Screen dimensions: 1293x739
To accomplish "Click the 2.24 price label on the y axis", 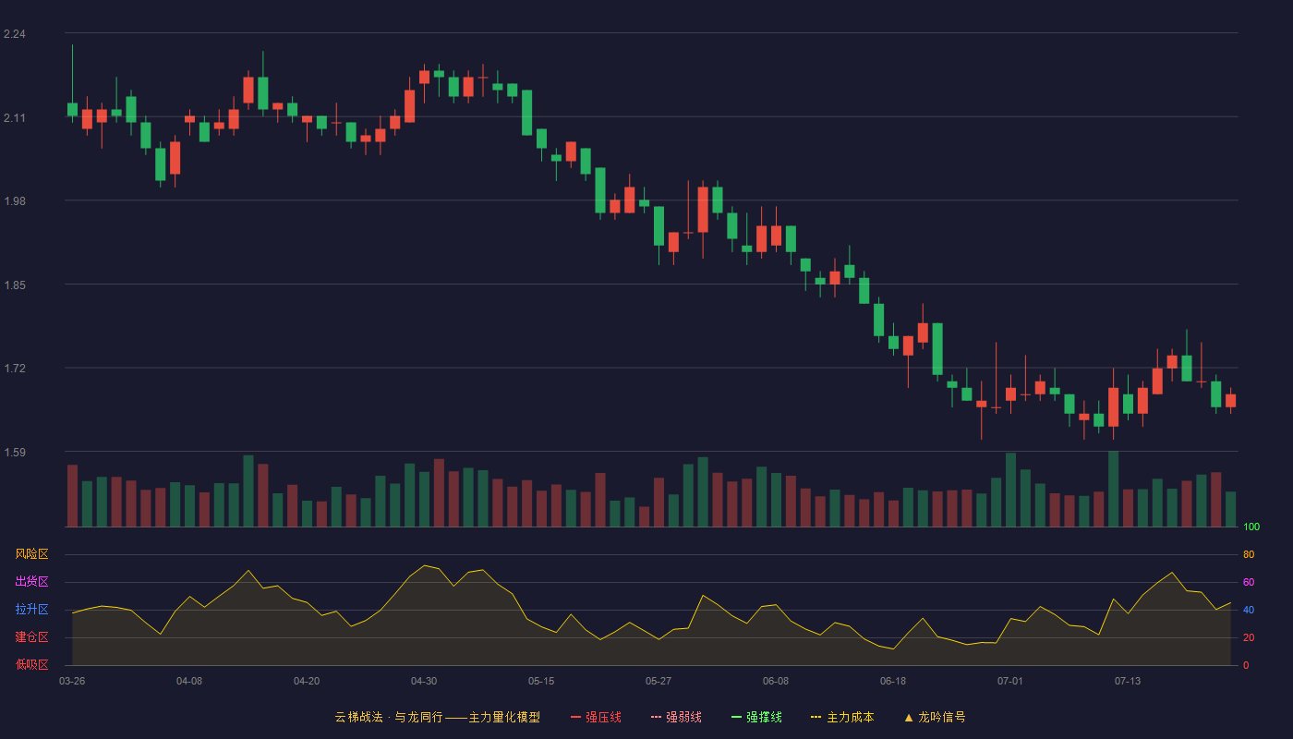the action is (15, 34).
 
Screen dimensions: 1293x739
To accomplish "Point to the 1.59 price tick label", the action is (15, 452).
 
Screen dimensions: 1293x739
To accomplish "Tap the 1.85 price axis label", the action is (15, 285).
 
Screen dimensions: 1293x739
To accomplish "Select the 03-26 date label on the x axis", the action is (72, 682).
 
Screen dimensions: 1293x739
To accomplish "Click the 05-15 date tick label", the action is (541, 682).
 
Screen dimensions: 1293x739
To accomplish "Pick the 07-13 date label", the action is (1128, 682).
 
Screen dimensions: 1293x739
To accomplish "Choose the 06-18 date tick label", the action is (893, 682).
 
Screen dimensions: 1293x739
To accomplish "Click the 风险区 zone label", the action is (31, 554).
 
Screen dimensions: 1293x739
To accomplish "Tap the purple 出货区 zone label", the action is (31, 581).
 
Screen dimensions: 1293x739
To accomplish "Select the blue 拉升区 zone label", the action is (31, 609).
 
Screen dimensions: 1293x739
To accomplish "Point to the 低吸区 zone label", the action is (31, 664).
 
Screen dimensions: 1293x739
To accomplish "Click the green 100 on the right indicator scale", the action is (1251, 527).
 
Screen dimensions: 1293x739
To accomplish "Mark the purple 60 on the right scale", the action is (1249, 582).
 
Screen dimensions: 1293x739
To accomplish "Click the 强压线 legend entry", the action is (596, 717).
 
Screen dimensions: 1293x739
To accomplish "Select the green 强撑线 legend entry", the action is (756, 717).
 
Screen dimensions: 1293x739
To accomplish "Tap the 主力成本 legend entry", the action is (842, 717).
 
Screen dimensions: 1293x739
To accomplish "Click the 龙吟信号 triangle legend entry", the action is (935, 717).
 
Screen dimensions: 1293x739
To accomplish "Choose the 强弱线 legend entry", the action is (676, 717).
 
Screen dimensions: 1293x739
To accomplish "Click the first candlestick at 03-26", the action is (72, 110).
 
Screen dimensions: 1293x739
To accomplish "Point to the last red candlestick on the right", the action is (1230, 401).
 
